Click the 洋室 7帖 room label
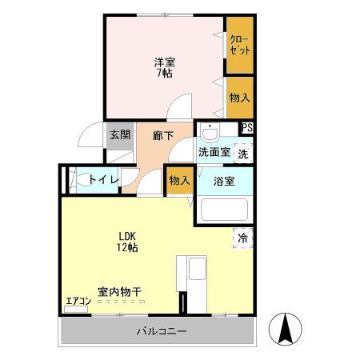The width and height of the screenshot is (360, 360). pos(163,67)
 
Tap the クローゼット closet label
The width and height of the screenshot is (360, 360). pos(238,44)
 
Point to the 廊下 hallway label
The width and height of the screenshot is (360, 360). pos(163,135)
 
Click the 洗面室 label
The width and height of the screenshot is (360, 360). pos(214,152)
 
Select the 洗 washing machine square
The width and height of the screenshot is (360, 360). pos(243,153)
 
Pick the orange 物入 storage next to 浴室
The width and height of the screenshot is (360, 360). pos(178,181)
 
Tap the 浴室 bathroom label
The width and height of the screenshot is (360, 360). pos(223,181)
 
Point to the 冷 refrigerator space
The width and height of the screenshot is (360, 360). pos(243,237)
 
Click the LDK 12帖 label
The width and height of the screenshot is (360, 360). pos(128,242)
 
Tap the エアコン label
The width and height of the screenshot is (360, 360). pos(77,302)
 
